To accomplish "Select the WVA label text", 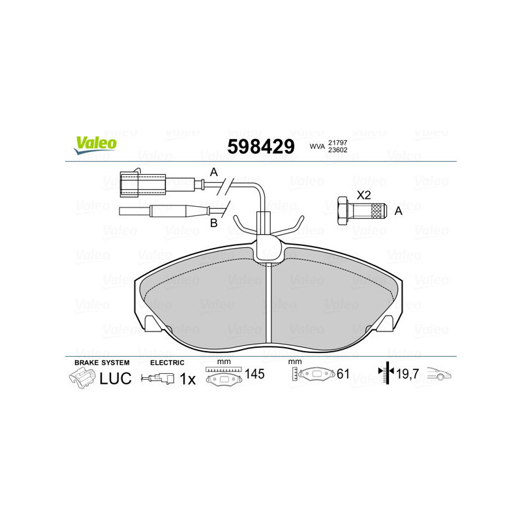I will coord(317,147).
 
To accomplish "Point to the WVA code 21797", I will coord(338,142).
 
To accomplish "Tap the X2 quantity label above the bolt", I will coord(363,194).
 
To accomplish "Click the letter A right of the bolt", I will coord(399,211).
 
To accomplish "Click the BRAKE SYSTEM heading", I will coord(102,362).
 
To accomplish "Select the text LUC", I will coord(115,378).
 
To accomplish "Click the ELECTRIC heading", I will coord(168,362).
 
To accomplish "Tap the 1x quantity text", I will coord(187,378).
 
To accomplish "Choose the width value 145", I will coord(254,375).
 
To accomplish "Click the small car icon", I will coord(440,375).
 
